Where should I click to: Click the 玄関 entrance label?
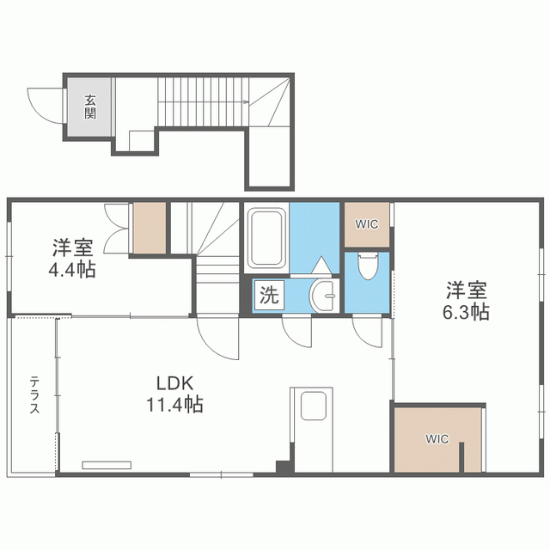tap(89, 107)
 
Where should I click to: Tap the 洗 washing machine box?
tap(269, 295)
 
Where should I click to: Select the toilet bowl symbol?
tap(367, 266)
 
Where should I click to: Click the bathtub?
tap(266, 238)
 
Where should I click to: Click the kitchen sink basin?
tap(314, 406)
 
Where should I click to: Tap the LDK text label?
tap(174, 383)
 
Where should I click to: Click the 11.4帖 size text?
tap(174, 404)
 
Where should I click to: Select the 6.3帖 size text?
tap(466, 312)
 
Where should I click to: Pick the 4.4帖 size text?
tap(72, 269)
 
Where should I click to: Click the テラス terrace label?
tap(34, 394)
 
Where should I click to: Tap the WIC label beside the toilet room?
tap(367, 224)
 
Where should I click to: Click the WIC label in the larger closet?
tap(437, 439)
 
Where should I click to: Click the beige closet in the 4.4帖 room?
tap(149, 228)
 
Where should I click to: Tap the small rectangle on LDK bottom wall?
tap(107, 465)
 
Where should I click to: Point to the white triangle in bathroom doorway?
tap(321, 265)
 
